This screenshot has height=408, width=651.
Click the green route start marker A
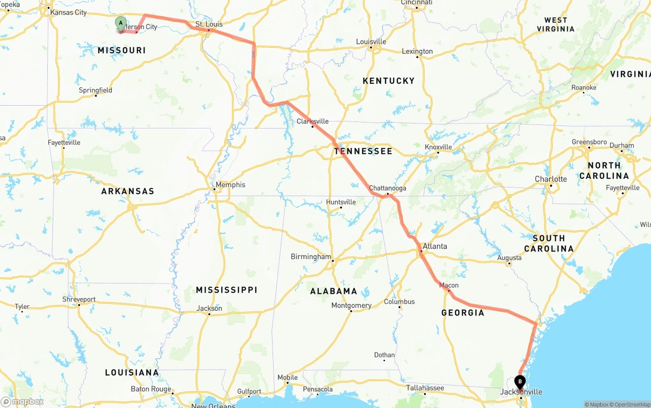tap(121, 23)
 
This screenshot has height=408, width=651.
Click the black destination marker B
tap(520, 381)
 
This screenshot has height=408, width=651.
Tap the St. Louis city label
tap(209, 24)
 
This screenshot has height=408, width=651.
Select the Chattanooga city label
tap(388, 188)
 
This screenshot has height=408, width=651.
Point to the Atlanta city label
tap(435, 246)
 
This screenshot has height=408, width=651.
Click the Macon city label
tap(449, 285)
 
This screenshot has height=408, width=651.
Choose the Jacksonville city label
tap(521, 392)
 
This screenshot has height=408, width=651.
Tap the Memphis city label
tap(230, 184)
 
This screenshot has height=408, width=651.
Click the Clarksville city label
tap(313, 121)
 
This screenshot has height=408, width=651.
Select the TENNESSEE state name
tap(363, 151)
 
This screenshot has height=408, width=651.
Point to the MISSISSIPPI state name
tap(226, 290)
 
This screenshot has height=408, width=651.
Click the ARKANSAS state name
tap(128, 191)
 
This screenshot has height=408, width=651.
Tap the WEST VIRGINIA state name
tap(555, 24)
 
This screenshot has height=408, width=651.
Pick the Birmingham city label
tap(311, 257)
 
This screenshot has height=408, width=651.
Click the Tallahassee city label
tap(425, 388)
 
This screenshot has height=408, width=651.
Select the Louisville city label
tap(371, 42)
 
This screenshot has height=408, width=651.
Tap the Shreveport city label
tap(79, 299)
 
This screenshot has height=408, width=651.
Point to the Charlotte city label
tap(551, 179)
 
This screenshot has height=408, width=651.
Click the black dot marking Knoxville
tap(438, 152)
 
